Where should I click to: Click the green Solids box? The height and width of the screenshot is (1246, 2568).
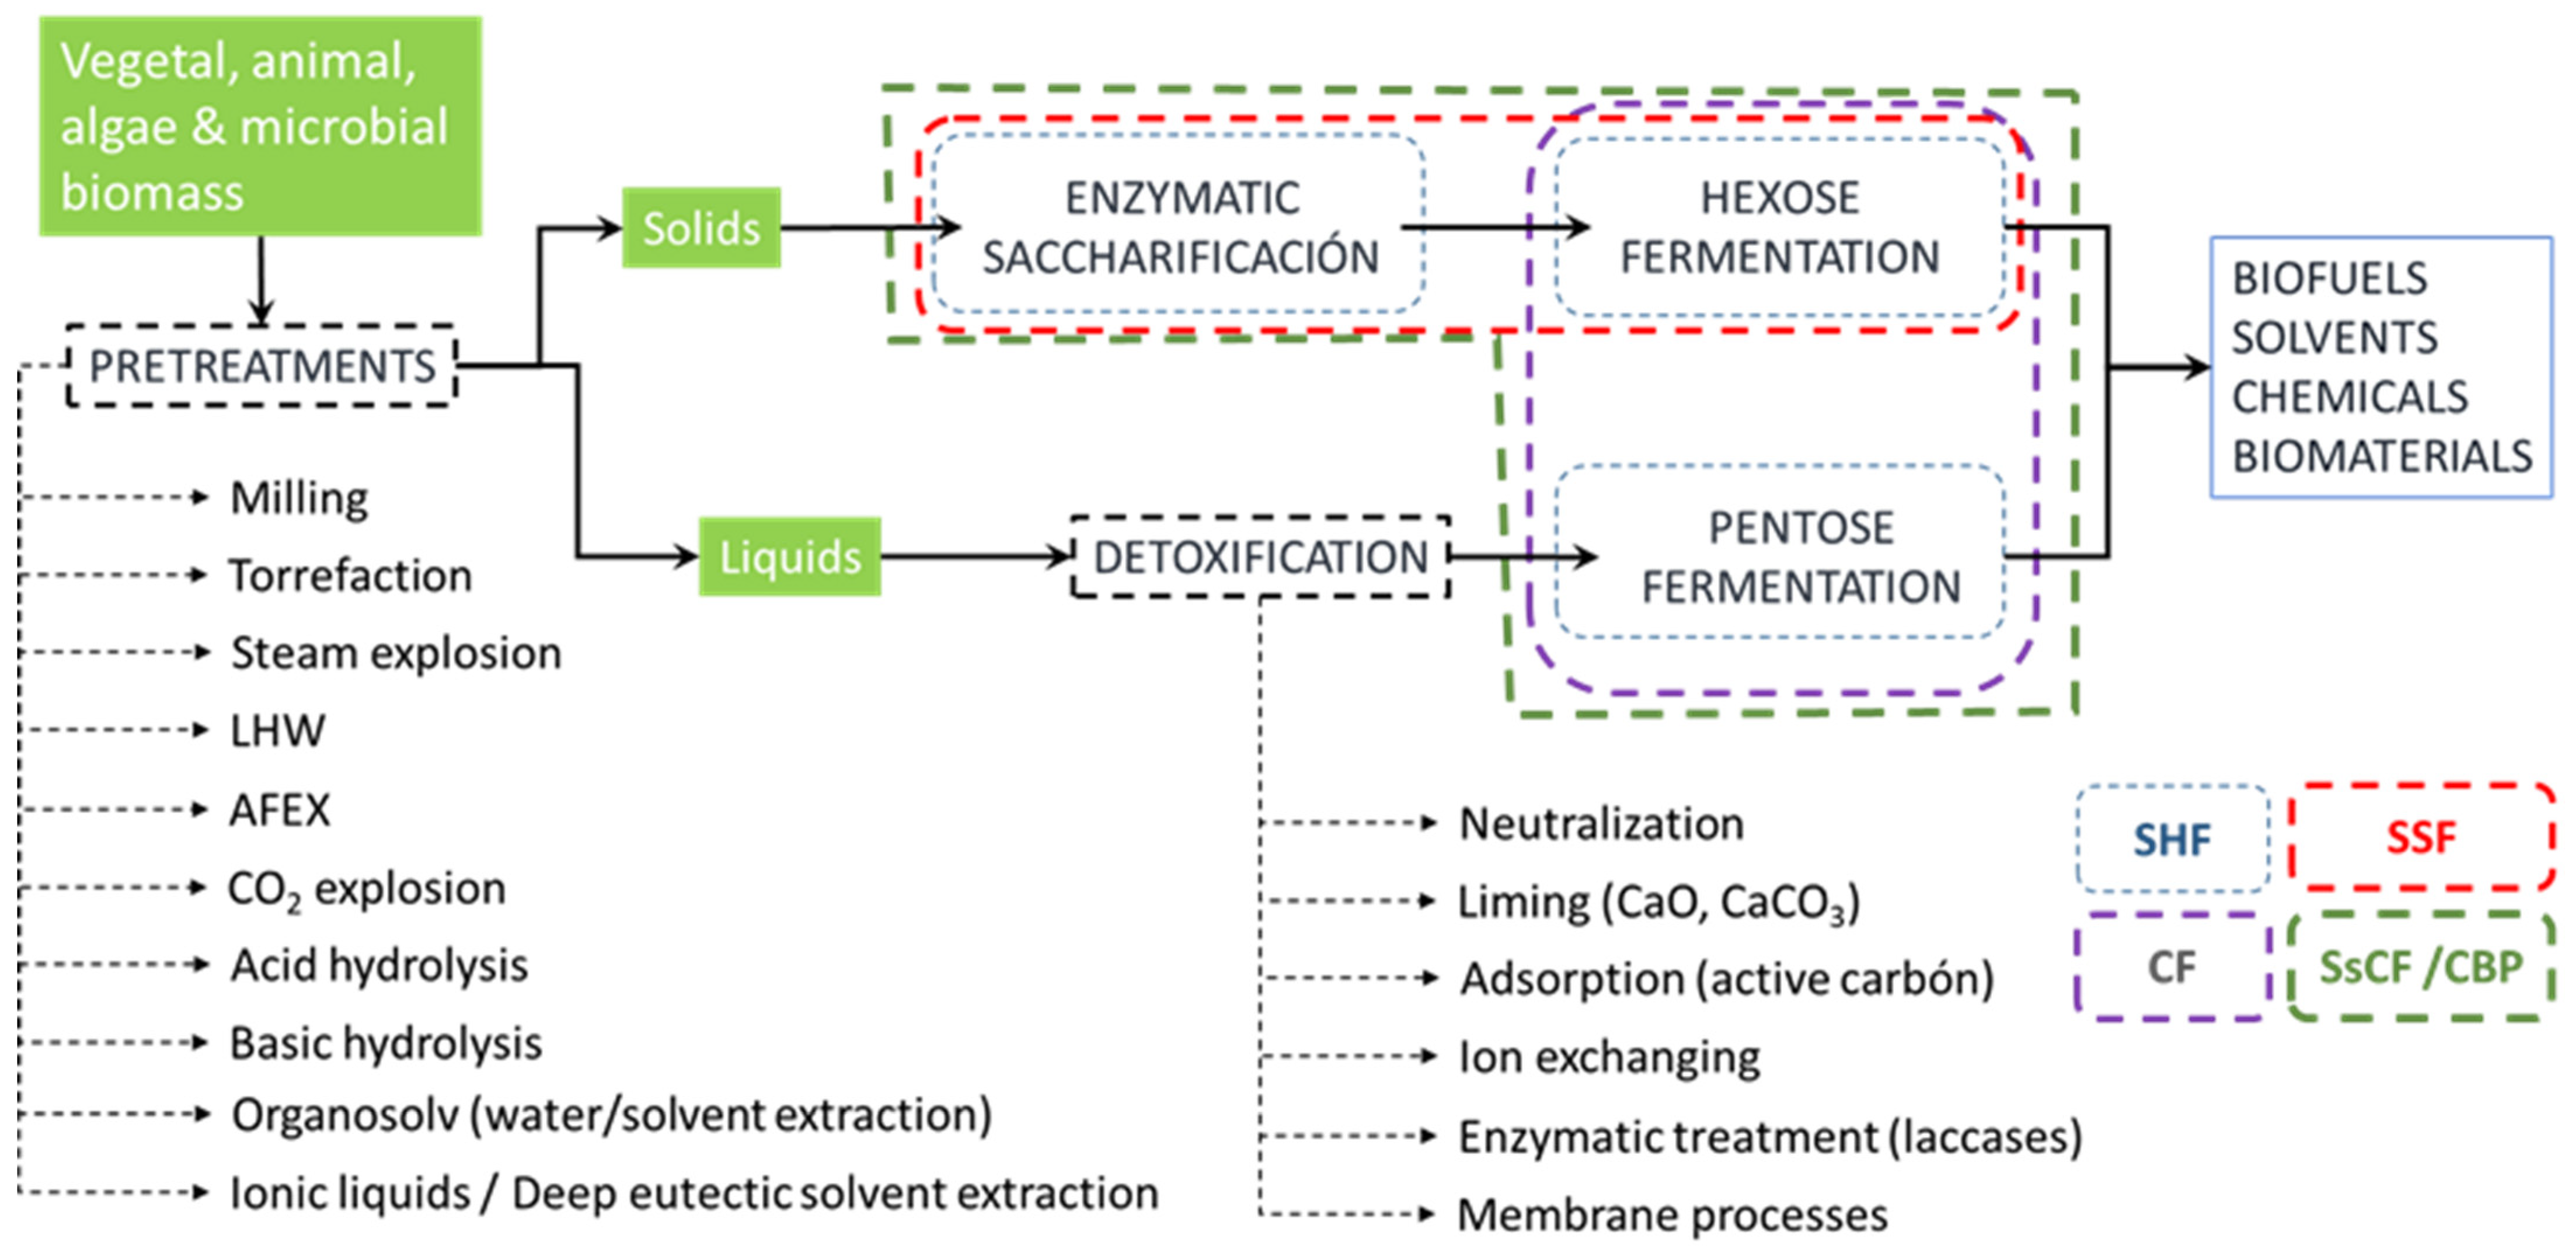(x=701, y=228)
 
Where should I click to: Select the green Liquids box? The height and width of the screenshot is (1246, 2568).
(x=789, y=556)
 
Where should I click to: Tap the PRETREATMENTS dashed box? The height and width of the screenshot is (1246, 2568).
(x=261, y=366)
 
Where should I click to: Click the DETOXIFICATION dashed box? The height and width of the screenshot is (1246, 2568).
(x=1260, y=556)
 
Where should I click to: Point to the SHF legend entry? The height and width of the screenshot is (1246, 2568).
(x=2172, y=839)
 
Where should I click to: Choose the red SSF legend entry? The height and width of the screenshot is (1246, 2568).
(x=2420, y=837)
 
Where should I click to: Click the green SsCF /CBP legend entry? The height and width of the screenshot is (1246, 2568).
(x=2420, y=967)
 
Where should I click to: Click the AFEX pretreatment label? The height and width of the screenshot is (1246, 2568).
(x=279, y=809)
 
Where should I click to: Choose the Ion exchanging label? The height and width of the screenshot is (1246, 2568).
(x=1609, y=1057)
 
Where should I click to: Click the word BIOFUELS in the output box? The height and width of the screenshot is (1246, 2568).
(x=2329, y=278)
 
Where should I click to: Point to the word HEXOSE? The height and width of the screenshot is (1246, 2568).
(x=1779, y=197)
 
